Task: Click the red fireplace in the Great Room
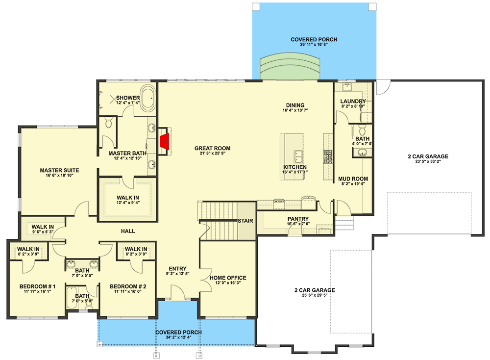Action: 165,141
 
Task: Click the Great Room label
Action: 212,148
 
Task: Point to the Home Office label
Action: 228,278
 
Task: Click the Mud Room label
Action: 353,179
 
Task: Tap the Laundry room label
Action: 353,102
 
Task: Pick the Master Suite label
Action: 60,171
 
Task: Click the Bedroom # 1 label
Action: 38,286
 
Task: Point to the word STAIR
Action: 245,221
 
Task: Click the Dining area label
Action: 295,105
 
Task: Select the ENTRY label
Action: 177,268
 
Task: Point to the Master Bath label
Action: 127,154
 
